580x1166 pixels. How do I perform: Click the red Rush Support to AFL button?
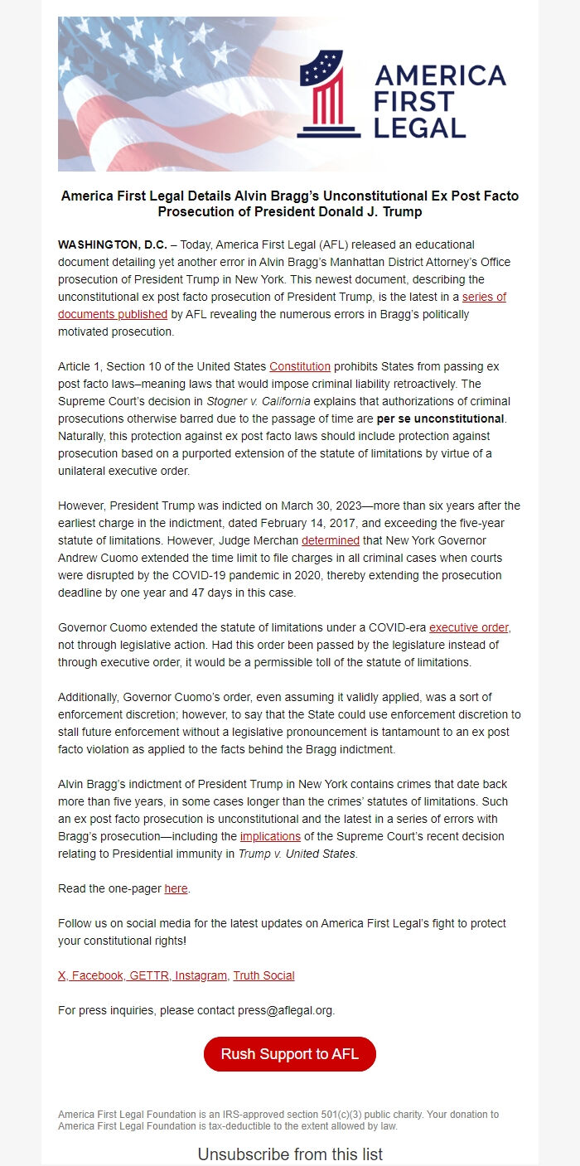click(x=290, y=1054)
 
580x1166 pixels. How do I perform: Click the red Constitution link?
click(x=300, y=366)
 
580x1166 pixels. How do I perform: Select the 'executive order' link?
click(x=468, y=627)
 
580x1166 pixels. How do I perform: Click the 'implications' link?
click(x=270, y=836)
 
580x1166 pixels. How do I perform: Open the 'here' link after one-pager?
click(x=176, y=888)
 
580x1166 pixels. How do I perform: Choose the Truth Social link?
click(x=263, y=975)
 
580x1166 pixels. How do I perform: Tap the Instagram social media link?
click(x=201, y=975)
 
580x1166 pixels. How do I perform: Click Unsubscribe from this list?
click(x=290, y=1154)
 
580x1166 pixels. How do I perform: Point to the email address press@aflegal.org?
click(x=283, y=1010)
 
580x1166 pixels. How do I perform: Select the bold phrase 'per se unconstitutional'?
click(x=440, y=419)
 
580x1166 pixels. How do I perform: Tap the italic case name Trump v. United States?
click(x=297, y=854)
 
